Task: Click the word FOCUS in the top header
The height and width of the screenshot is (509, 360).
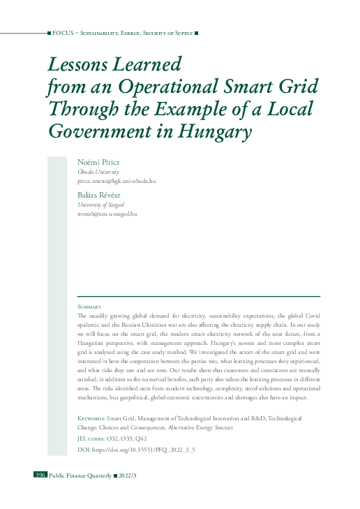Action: (x=63, y=33)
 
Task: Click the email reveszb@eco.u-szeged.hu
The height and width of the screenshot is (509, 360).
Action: (x=107, y=214)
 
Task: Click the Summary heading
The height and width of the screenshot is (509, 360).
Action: (x=90, y=307)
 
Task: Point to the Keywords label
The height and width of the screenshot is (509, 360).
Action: (x=91, y=418)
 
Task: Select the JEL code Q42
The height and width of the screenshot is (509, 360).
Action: (x=142, y=438)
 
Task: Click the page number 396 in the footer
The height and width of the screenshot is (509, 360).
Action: (x=40, y=475)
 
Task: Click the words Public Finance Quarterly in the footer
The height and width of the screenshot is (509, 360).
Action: (x=80, y=475)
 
